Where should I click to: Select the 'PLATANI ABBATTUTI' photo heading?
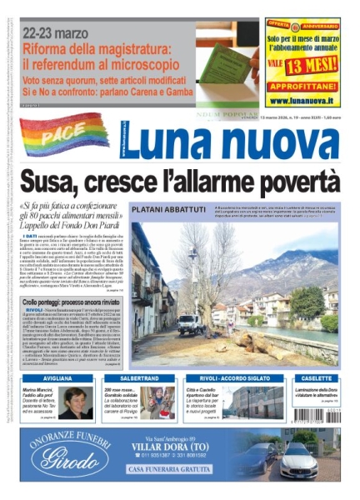click(x=164, y=211)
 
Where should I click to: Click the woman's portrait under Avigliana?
click(x=77, y=402)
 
